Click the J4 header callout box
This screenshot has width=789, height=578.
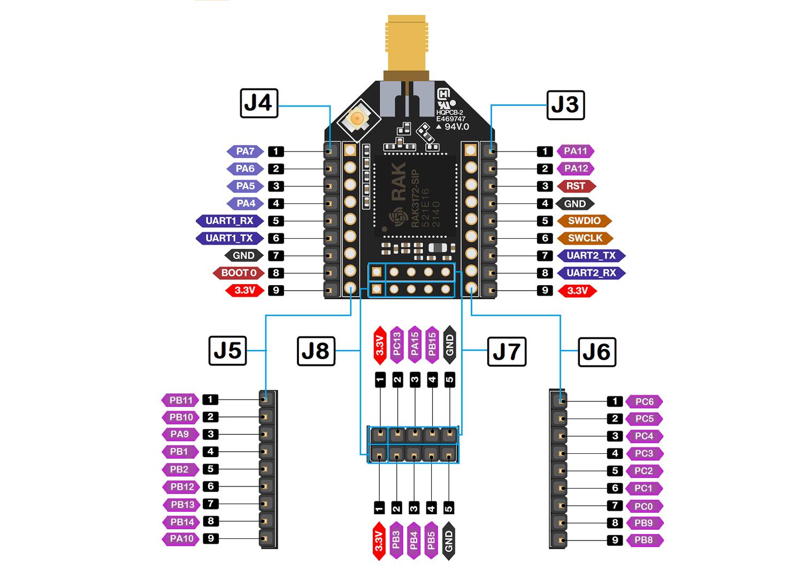[259, 103]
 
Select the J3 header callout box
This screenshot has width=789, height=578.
[566, 105]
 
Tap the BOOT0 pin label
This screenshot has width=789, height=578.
[239, 273]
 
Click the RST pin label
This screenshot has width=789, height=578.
[577, 186]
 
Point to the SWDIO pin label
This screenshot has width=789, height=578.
[584, 221]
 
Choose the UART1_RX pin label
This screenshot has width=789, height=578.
[229, 221]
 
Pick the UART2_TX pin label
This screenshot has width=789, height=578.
[592, 255]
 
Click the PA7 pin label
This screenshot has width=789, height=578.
[245, 151]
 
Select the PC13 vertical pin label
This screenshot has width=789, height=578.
[397, 345]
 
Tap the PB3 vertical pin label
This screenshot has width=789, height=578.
[396, 541]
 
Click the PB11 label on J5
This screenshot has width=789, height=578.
[180, 400]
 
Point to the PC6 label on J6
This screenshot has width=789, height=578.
[645, 402]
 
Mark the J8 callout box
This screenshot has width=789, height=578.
[316, 352]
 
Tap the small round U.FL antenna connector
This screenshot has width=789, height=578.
[357, 119]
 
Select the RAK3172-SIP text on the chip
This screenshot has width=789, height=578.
[415, 199]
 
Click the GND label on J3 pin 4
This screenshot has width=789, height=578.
[575, 204]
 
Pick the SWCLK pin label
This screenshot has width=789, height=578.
[585, 238]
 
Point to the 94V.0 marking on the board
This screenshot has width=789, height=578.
[453, 127]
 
